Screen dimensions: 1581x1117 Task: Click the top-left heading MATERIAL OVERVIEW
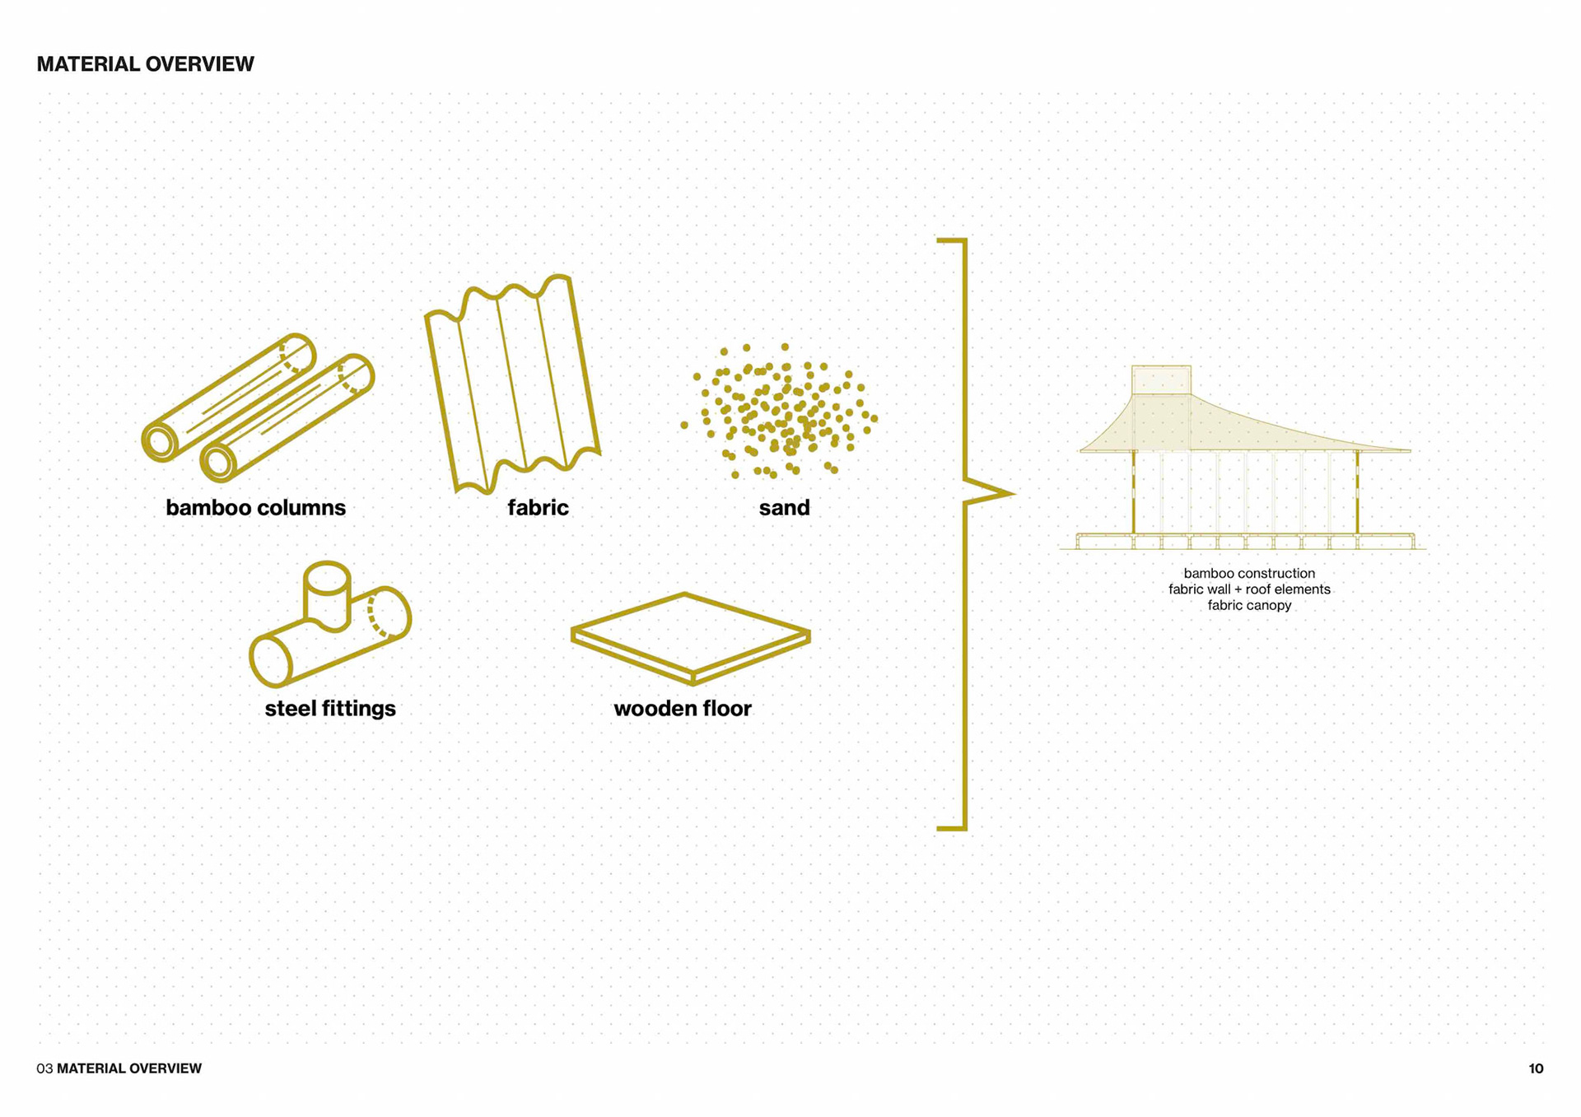click(145, 64)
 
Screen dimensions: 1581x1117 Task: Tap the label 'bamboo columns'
click(255, 507)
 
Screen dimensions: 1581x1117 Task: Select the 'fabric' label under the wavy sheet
click(538, 507)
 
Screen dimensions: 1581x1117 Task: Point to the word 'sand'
click(784, 507)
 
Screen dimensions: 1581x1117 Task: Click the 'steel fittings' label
click(330, 708)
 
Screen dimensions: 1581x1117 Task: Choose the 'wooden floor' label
click(682, 708)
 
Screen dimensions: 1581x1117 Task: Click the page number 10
click(1536, 1068)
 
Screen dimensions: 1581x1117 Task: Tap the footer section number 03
click(44, 1068)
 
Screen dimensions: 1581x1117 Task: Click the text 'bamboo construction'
click(1249, 573)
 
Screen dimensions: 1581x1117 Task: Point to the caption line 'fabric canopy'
click(1249, 605)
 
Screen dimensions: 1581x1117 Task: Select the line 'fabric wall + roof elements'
click(1249, 589)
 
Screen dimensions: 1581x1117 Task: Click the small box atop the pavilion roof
click(1161, 379)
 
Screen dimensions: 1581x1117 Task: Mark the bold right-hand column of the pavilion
click(1357, 492)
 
